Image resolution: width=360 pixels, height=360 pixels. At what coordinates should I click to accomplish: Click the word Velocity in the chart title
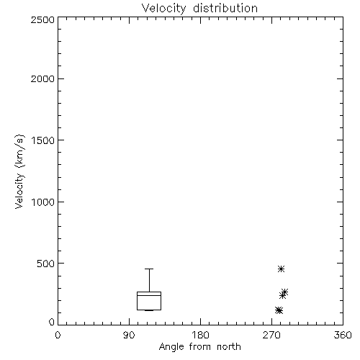(163, 8)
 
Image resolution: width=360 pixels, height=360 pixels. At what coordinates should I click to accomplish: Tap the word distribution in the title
(225, 8)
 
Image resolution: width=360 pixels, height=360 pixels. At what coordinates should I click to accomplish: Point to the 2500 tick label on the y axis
(42, 19)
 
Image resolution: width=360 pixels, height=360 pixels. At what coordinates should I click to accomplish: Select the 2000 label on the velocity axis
(42, 78)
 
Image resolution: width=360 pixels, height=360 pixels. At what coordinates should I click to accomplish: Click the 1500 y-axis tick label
(43, 140)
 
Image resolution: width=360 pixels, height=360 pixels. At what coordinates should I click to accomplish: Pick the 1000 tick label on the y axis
(43, 202)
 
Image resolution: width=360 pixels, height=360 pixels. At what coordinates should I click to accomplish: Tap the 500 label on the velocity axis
(46, 264)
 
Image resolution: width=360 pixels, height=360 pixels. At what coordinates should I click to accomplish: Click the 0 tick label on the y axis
(52, 322)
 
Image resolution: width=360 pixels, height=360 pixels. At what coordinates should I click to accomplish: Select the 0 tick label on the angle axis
(58, 335)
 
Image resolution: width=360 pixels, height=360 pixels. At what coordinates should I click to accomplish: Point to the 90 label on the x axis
(129, 335)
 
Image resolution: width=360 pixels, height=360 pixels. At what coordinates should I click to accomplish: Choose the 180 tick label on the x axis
(200, 335)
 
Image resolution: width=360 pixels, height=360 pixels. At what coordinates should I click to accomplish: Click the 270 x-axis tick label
(271, 335)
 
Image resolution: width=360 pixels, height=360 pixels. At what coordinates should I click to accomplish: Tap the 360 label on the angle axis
(343, 335)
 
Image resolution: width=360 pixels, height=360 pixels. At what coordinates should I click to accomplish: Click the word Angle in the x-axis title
(171, 347)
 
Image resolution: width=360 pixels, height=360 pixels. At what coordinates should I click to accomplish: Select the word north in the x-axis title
(229, 346)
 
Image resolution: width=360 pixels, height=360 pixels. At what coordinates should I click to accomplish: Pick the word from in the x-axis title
(200, 346)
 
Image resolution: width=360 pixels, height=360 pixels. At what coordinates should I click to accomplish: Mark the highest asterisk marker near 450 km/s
(281, 269)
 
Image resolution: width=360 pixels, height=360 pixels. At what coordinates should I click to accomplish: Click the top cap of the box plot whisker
(149, 269)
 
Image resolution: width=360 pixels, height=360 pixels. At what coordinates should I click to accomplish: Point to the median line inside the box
(149, 295)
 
